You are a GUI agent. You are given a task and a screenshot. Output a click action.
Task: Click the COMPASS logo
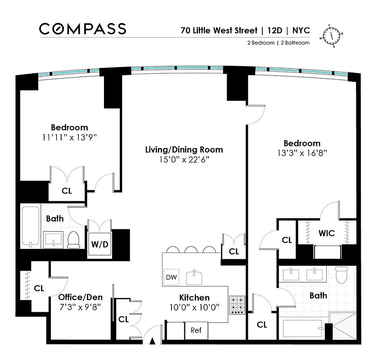(82, 29)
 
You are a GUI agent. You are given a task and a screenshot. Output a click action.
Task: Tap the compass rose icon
(332, 35)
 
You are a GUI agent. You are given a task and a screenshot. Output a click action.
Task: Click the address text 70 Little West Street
(218, 31)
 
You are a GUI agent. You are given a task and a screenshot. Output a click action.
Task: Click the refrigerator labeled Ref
(196, 330)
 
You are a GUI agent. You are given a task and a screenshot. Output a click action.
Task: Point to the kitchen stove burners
(236, 305)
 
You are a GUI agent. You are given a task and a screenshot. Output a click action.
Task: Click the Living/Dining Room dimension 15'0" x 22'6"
(184, 160)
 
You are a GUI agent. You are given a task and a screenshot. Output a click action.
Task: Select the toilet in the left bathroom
(73, 239)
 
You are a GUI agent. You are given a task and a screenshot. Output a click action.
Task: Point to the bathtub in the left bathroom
(31, 226)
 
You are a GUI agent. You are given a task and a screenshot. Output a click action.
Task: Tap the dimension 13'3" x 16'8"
(302, 153)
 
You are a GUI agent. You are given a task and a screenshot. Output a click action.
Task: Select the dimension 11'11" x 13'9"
(69, 137)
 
